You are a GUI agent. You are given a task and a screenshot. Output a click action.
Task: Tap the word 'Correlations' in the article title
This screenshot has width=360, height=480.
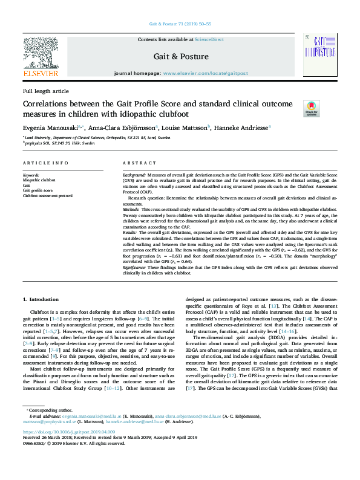pyautogui.click(x=50, y=103)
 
